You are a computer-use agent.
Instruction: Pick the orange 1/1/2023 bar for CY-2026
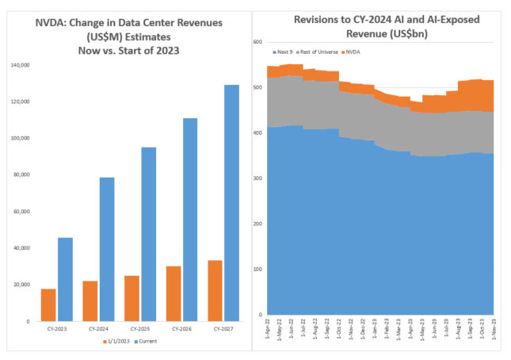pos(173,293)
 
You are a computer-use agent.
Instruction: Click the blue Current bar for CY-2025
pos(148,234)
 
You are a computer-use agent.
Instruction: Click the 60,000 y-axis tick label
pos(21,212)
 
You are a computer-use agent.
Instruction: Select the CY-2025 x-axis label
pos(140,327)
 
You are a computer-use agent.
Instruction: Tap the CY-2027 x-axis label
pos(223,327)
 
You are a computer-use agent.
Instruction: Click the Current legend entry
pos(151,341)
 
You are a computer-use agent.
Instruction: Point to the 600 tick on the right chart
pos(258,42)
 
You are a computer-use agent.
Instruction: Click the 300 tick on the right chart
pos(258,178)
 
